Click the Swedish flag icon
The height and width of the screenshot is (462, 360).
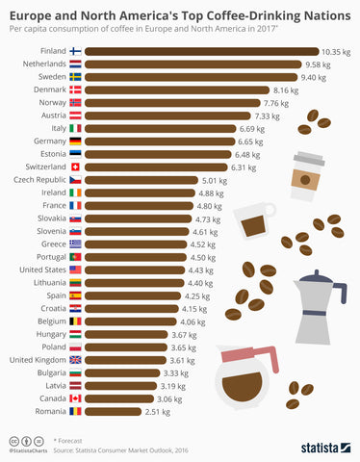point(76,77)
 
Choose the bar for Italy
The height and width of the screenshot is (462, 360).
point(165,128)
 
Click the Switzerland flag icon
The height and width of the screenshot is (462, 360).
point(76,166)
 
